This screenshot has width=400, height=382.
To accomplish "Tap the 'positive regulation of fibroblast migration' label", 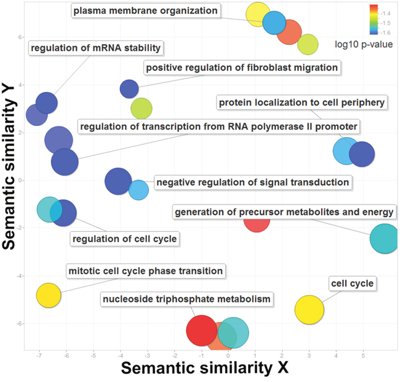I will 241,68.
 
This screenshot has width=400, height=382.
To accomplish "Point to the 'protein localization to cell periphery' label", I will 302,103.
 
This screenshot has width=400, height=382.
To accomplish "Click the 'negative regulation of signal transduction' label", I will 252,182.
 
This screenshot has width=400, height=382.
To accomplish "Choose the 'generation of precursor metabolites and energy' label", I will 284,213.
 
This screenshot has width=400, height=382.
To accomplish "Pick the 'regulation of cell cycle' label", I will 124,238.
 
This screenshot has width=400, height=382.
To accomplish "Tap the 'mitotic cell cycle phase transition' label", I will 145,270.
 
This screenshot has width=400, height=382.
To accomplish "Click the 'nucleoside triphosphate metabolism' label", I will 186,299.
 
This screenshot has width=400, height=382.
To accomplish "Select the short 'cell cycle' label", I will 351,283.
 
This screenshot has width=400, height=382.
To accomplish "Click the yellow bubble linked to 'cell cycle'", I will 309,309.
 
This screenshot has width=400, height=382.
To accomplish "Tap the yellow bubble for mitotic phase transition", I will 49,295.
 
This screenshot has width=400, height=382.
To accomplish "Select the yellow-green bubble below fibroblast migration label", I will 141,108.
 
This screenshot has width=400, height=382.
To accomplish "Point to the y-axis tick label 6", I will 19,37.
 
